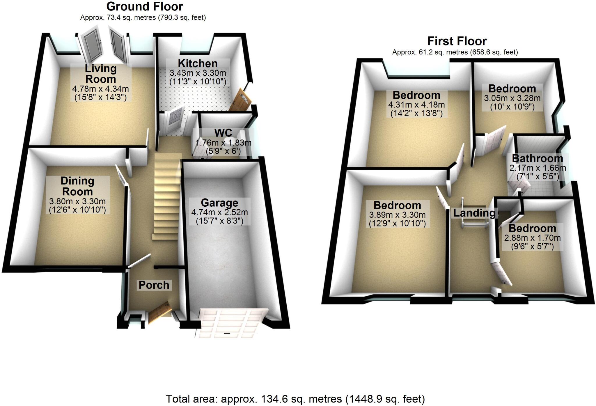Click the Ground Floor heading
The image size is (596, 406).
click(145, 6)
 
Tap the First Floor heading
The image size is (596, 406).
click(457, 41)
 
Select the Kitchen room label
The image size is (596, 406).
click(198, 63)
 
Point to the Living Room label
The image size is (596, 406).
click(101, 74)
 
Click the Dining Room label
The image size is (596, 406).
click(77, 186)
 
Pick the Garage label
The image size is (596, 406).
click(219, 203)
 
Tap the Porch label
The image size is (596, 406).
click(154, 285)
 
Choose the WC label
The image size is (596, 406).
click(223, 133)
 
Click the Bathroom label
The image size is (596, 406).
click(538, 159)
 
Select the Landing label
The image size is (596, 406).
click(474, 213)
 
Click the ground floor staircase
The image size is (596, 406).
click(166, 198)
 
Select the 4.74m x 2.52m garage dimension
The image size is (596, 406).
click(219, 212)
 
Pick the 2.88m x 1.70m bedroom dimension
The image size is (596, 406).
click(532, 238)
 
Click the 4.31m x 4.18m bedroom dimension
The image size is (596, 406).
click(416, 104)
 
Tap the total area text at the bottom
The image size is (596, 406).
click(295, 399)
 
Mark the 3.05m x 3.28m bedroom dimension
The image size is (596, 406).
click(512, 98)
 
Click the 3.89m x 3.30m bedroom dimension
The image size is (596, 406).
click(397, 215)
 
